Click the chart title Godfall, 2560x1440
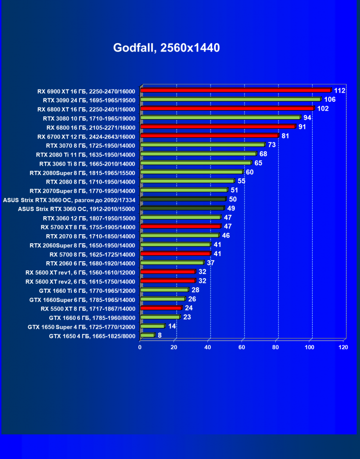point(166,48)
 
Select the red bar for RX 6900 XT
point(235,90)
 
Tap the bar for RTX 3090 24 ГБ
point(230,99)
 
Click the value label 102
point(323,108)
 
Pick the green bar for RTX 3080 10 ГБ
point(220,117)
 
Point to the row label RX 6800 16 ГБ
point(91,127)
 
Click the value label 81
point(285,136)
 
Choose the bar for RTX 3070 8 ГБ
point(202,145)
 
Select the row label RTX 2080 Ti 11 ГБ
point(86,154)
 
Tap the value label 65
point(258,163)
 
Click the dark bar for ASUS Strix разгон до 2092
point(183,199)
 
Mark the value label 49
point(231,208)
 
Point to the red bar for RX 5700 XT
point(180,226)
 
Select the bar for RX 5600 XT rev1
point(168,272)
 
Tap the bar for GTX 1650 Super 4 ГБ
point(153,326)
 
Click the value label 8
point(160,335)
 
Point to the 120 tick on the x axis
point(343,347)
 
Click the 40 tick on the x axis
point(207,347)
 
